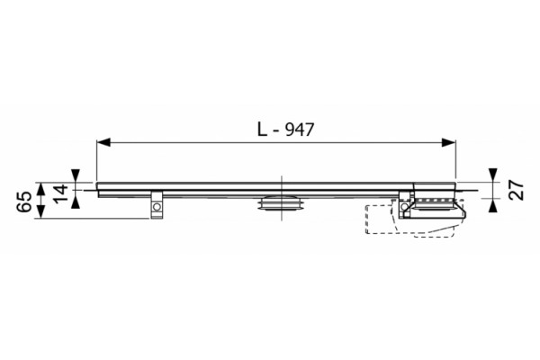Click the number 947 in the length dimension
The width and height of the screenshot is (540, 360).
[301, 130]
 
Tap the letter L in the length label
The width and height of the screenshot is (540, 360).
[263, 130]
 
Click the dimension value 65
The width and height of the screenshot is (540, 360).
[25, 202]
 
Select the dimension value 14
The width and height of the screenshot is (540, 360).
[60, 193]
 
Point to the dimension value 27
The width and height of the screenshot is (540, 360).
[517, 190]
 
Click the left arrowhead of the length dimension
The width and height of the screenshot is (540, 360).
[103, 142]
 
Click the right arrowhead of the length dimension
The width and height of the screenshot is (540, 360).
[449, 142]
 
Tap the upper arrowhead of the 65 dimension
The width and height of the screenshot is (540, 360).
[41, 189]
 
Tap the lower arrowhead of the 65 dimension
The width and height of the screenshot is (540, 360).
[41, 211]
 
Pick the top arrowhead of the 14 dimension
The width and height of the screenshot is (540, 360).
[76, 175]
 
